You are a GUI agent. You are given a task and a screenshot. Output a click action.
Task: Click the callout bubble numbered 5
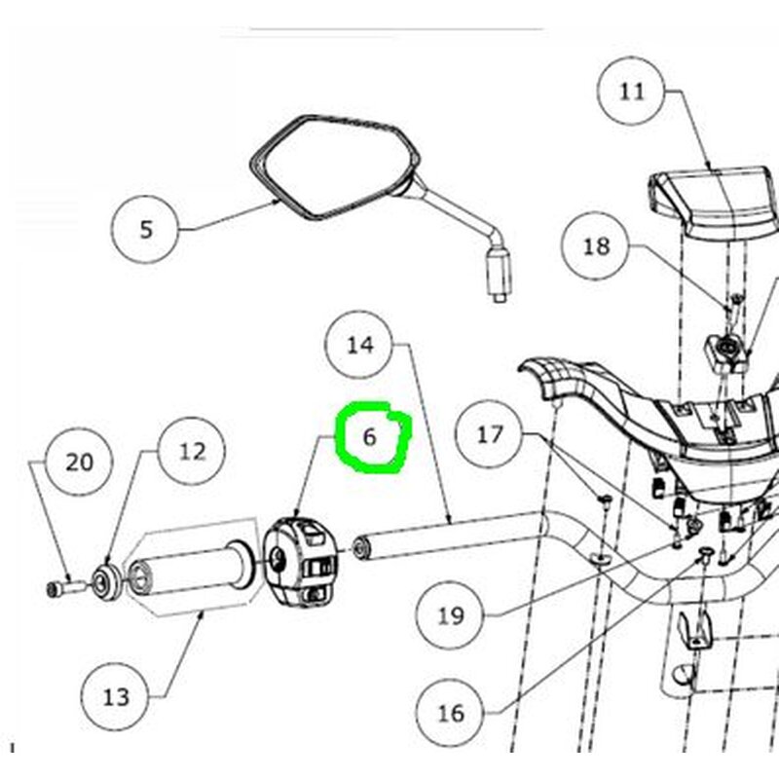tap(146, 230)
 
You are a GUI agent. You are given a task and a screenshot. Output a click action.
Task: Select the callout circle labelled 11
tap(632, 92)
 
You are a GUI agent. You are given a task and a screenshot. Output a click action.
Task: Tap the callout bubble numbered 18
tap(596, 246)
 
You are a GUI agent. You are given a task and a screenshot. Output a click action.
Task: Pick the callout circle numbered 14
tap(360, 345)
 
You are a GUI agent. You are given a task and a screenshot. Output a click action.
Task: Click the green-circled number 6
tap(370, 437)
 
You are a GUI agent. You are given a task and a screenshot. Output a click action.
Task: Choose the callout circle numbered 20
tap(80, 461)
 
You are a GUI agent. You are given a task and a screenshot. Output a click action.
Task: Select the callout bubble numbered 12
tap(193, 451)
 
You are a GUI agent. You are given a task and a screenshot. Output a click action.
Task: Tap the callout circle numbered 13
tap(116, 697)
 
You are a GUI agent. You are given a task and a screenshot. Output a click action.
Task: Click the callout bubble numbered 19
tap(450, 615)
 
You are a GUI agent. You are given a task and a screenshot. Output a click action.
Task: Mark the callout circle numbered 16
tap(450, 713)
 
